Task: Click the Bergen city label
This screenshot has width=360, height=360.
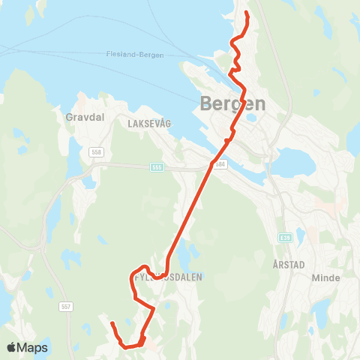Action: coord(233,104)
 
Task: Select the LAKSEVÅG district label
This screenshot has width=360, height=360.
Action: coord(149,122)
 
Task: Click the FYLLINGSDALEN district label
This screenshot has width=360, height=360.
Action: coord(167,277)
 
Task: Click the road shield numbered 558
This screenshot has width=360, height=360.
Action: coord(95,152)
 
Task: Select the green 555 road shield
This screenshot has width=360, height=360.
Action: coord(156,167)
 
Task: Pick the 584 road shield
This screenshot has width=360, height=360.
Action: coord(220,165)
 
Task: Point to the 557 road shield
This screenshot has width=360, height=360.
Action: coord(65,307)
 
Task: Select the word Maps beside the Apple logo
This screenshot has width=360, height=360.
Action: coord(34,348)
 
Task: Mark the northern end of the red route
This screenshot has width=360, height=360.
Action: coord(247,13)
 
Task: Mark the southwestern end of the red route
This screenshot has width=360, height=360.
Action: coord(111,323)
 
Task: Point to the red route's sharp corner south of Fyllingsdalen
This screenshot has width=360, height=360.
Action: coord(154,307)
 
